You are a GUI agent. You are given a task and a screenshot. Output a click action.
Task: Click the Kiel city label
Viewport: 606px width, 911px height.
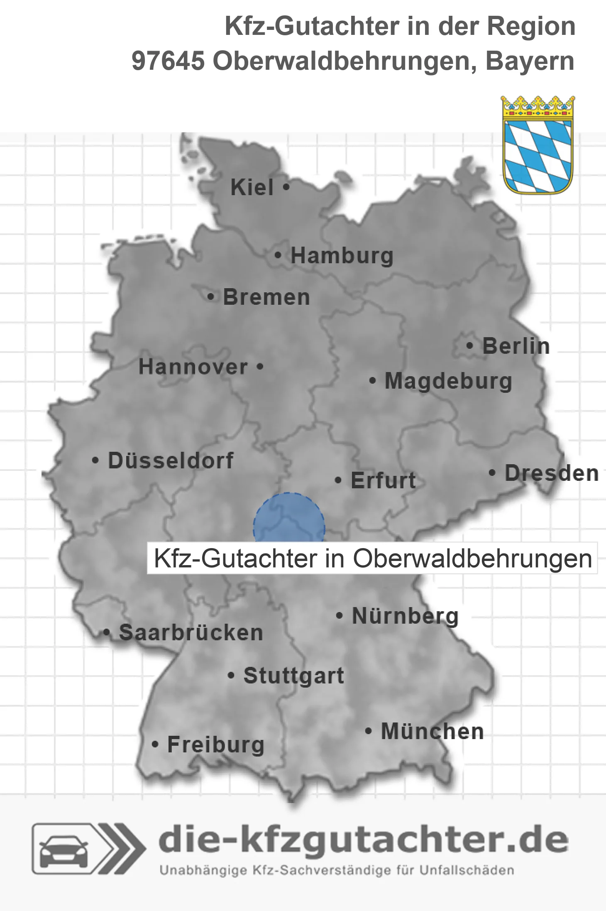252,187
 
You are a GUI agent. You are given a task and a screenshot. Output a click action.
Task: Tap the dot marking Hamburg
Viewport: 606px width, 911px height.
278,255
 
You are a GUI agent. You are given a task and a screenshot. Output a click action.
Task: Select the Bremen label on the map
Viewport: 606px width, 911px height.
266,297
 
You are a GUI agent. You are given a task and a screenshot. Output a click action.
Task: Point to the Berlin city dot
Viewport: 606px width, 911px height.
470,346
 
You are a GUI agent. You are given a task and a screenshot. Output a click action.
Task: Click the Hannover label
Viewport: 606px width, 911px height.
193,367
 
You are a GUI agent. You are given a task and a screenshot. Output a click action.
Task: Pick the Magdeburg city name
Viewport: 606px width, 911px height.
448,381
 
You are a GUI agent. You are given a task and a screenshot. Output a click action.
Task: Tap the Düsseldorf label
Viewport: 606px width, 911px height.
171,460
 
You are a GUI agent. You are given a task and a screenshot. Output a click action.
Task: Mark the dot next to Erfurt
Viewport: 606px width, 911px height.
338,480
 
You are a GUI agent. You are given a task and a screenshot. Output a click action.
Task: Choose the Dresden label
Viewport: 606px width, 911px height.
551,473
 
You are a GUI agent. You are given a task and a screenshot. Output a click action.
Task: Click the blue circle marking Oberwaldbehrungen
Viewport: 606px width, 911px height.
289,519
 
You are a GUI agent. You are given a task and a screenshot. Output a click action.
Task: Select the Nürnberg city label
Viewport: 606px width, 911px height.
405,616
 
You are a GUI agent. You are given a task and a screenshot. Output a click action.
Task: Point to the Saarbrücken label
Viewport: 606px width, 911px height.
191,633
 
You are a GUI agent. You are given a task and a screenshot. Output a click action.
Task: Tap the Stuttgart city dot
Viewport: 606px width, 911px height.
231,676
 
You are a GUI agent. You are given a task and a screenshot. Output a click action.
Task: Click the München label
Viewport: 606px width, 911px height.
432,731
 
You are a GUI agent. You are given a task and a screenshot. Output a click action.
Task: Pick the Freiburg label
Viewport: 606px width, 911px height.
215,744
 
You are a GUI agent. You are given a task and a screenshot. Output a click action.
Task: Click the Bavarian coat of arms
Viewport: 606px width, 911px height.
538,156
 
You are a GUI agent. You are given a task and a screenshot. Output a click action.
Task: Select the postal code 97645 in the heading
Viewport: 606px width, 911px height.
168,61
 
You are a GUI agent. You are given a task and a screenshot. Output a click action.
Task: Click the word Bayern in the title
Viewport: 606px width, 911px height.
530,61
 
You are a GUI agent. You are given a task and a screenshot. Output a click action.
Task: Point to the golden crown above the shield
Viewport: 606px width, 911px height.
538,107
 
